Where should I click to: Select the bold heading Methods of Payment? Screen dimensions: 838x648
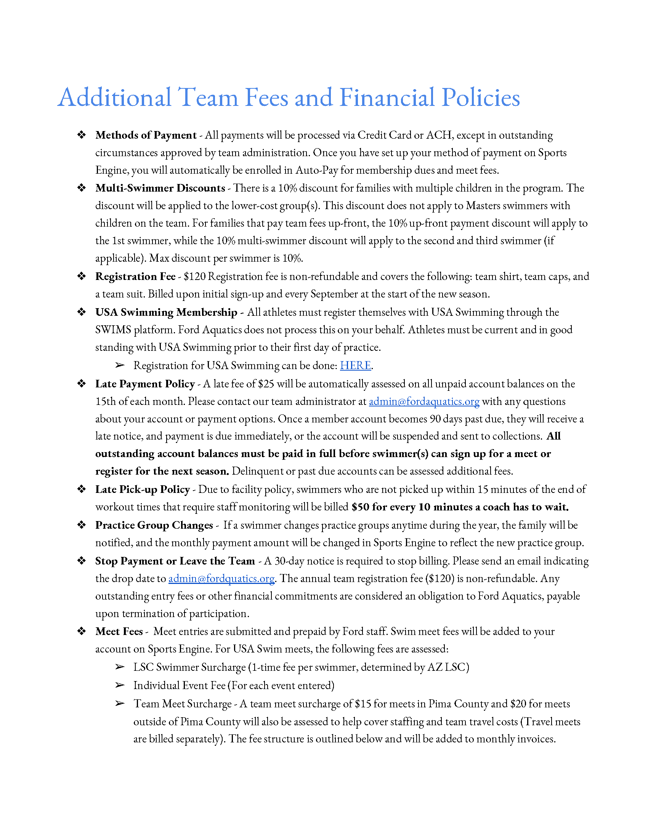[x=146, y=135]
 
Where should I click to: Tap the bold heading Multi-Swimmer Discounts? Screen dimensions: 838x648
[x=160, y=188]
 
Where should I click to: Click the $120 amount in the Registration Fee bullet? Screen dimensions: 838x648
[x=194, y=276]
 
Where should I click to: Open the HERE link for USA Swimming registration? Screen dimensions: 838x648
[x=355, y=365]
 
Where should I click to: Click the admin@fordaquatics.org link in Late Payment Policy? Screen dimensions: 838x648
[x=424, y=401]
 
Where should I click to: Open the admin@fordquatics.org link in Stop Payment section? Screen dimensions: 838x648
[x=221, y=578]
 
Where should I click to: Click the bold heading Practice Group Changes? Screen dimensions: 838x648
[x=154, y=525]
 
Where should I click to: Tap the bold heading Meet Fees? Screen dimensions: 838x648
[x=119, y=631]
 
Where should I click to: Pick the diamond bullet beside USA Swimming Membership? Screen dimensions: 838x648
[x=82, y=312]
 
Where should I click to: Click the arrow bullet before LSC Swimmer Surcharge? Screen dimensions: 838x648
[x=120, y=667]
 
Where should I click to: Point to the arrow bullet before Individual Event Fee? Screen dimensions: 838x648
[x=120, y=685]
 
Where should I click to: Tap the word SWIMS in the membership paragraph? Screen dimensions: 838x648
[x=113, y=329]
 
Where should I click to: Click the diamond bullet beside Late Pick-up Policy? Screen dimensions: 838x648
[x=82, y=489]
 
